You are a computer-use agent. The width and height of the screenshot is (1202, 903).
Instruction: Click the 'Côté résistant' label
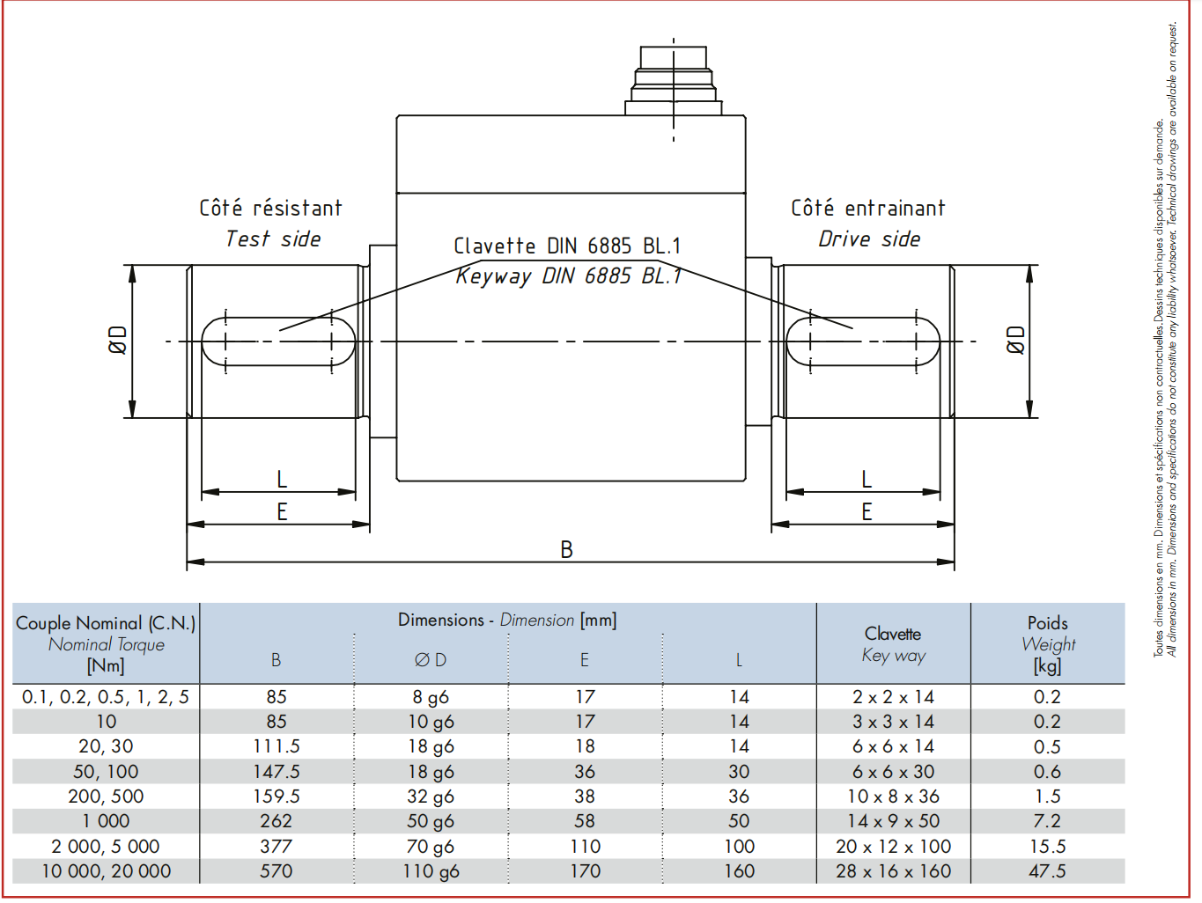point(270,208)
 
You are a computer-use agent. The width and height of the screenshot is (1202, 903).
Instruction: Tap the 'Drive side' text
point(869,239)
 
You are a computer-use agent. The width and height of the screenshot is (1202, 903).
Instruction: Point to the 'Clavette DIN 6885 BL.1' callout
point(567,246)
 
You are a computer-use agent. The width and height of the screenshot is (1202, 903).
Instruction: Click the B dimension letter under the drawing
point(567,549)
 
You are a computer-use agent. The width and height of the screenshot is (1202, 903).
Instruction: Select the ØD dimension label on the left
point(118,340)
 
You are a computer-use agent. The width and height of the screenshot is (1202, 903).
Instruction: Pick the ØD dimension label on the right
point(1016,340)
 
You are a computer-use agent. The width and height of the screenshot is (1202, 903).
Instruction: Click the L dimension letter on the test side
point(282,480)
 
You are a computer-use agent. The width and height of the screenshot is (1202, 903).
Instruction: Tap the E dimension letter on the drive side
point(866,512)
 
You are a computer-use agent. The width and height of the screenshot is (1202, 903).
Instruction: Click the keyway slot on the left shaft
point(279,341)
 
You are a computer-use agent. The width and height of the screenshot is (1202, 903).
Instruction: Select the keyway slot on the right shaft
point(863,341)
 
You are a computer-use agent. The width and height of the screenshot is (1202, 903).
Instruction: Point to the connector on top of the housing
point(674,80)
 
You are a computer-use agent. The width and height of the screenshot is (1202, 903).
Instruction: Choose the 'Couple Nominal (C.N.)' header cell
point(106,623)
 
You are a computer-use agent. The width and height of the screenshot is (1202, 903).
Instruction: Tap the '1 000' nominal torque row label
point(106,821)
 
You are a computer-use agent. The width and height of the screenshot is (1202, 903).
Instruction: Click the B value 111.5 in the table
point(277,746)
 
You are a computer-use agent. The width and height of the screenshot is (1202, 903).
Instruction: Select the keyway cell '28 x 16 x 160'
point(893,870)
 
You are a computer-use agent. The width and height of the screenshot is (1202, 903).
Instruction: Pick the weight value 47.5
point(1047,870)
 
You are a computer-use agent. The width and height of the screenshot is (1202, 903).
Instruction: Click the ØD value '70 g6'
point(431,846)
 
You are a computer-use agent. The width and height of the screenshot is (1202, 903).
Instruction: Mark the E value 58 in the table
point(585,821)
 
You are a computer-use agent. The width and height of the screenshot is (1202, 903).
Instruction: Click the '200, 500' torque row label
point(106,797)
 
